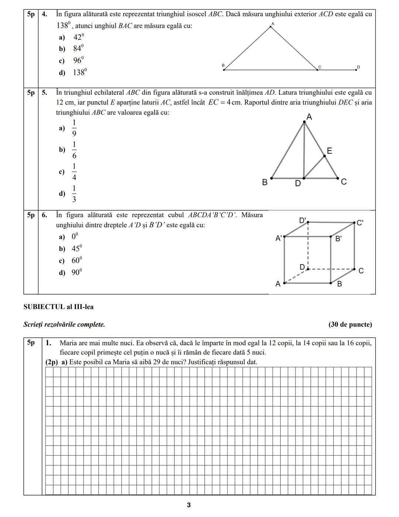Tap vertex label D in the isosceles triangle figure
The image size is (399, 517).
[358, 67]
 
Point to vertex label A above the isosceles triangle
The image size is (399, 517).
[273, 24]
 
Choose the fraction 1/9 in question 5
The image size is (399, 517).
[74, 128]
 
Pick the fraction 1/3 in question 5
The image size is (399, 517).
[74, 194]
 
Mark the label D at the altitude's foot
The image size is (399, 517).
[298, 183]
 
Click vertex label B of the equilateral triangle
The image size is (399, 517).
[265, 182]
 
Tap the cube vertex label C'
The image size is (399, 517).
[360, 223]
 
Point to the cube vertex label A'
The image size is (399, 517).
[279, 239]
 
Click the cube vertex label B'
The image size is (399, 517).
[338, 239]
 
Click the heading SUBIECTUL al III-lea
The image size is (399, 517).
[58, 307]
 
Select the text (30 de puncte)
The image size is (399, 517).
[350, 325]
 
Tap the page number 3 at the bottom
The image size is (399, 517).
[189, 505]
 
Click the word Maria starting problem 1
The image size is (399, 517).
[68, 343]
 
